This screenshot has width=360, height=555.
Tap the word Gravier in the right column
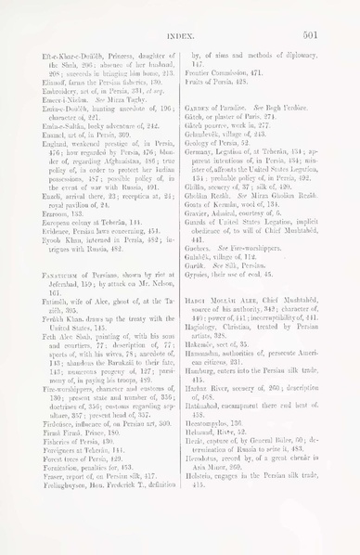pyautogui.click(x=205, y=202)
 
